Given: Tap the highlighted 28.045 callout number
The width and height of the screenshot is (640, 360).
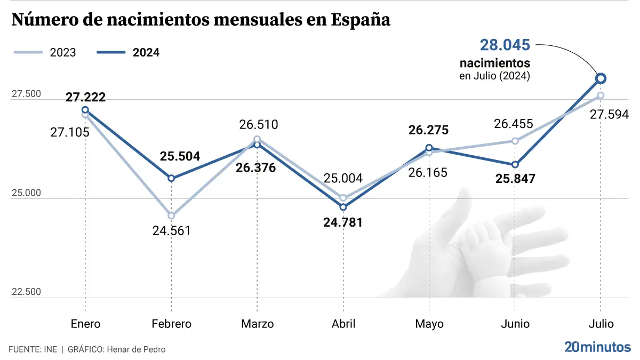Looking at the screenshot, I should tap(505, 45).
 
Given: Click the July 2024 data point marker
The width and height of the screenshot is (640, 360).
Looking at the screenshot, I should tap(601, 78).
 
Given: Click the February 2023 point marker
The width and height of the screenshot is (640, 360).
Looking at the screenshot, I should tap(171, 215).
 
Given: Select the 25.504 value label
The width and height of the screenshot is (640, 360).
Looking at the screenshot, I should tap(180, 156).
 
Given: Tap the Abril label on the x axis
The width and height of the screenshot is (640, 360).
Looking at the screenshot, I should tap(343, 324).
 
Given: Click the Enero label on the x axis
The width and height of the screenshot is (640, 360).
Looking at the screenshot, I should tap(85, 324).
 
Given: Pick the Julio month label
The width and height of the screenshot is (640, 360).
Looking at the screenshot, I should tap(601, 324).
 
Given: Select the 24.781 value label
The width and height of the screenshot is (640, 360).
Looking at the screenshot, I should tap(343, 222).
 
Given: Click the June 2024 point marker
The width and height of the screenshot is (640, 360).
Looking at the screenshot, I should tap(515, 164).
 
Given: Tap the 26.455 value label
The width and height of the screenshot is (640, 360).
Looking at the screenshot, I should tap(513, 124).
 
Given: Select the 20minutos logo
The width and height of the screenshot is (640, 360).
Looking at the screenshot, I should tap(597, 347).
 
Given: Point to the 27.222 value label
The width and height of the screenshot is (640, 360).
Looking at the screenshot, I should tap(85, 97).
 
